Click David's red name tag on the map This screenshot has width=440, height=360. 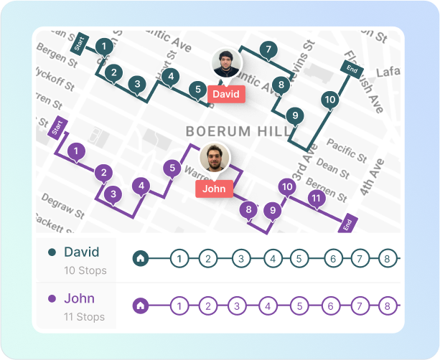pos(227,94)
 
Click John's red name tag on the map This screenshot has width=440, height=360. pos(214,189)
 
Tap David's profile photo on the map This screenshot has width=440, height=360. pos(226,64)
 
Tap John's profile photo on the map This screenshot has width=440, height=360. pos(215,158)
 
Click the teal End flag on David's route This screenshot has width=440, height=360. pos(352,69)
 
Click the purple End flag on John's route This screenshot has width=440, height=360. pos(347,224)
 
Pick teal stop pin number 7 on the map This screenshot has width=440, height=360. pos(268,49)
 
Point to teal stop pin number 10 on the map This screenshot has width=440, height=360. pos(329,100)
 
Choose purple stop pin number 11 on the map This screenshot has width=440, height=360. pos(314,198)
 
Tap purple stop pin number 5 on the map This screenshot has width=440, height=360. pos(171,169)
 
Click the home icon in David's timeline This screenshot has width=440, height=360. pos(141,258)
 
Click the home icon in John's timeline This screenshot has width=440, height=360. pos(141,305)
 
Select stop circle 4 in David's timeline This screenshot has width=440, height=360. pos(273,258)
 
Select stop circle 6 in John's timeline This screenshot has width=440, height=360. pos(332,305)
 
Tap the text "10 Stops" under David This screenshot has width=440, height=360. pos(85,270)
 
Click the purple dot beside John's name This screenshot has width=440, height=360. pos(52,299)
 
